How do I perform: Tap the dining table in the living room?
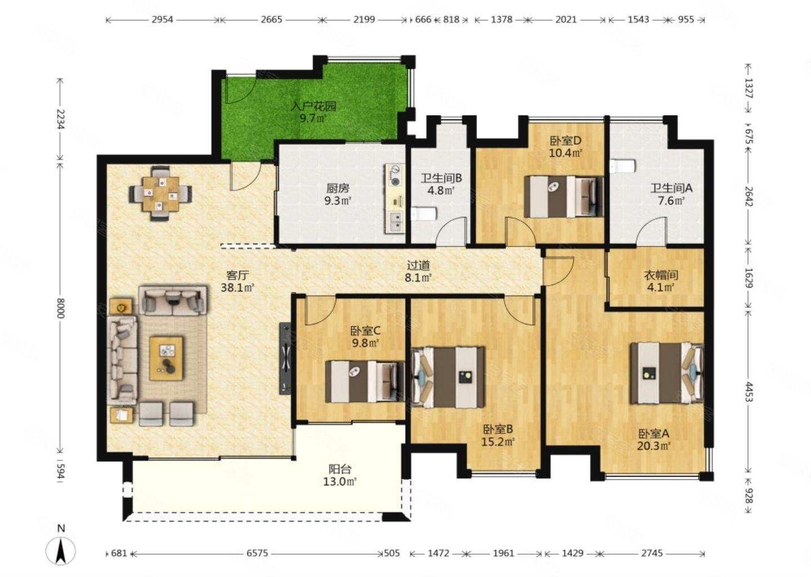(x=161, y=194)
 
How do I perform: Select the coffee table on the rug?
(x=166, y=358)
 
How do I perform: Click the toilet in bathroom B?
(x=424, y=214)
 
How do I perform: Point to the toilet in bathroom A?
(x=623, y=166)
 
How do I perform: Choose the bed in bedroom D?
(x=563, y=197)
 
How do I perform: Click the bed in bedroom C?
(x=364, y=381)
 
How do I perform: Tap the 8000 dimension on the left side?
(x=60, y=308)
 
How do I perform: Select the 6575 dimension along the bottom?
(x=257, y=553)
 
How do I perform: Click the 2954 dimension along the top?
(x=162, y=20)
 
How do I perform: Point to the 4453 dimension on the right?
(x=748, y=392)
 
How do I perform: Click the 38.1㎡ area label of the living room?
(x=238, y=287)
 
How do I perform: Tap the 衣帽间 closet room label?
(x=661, y=276)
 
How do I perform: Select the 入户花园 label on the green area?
(x=314, y=106)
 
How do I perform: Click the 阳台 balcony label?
(x=340, y=469)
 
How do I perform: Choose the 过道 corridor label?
(x=418, y=265)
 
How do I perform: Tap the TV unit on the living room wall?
(x=285, y=358)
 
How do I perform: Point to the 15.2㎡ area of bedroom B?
(x=498, y=442)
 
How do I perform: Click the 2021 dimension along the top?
(x=566, y=20)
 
